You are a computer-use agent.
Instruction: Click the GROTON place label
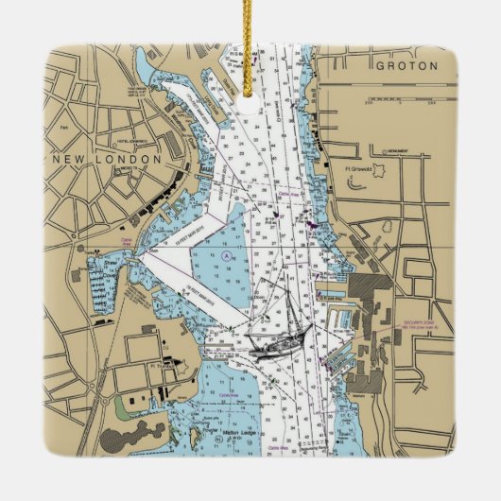[x=406, y=66]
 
